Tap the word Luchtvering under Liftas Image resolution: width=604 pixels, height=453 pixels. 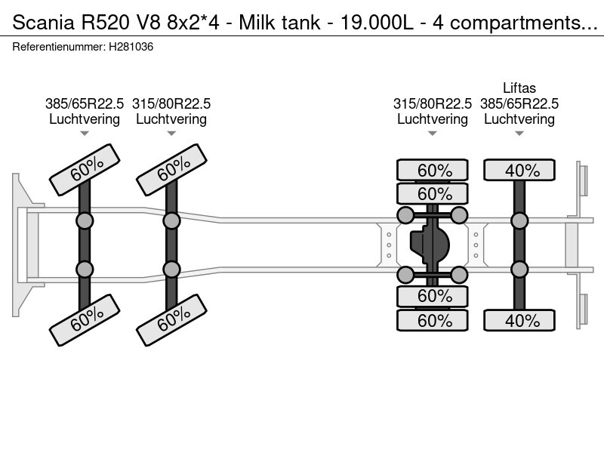519,119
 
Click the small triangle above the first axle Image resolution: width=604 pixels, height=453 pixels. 85,134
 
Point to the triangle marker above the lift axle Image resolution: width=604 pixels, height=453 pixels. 519,134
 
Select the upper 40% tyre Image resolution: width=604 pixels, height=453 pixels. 520,171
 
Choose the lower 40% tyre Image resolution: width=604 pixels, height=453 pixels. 520,320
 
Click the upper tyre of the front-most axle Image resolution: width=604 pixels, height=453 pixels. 84,171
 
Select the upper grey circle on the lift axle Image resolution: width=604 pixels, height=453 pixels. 519,220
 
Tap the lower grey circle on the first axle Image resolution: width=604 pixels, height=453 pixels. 85,270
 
